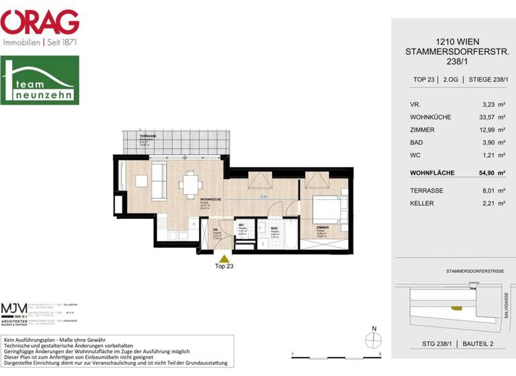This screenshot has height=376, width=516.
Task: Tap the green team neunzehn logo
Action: (x=39, y=80)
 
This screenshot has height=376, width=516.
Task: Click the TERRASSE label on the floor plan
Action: (x=148, y=136)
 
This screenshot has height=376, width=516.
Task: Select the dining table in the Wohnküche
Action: (x=191, y=182)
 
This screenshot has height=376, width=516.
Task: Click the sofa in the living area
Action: (x=160, y=181)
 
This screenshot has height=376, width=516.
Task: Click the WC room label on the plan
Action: (x=241, y=226)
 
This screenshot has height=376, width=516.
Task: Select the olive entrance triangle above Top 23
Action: (x=224, y=256)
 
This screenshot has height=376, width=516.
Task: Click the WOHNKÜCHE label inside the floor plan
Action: (x=210, y=200)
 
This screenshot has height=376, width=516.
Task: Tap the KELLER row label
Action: (x=421, y=203)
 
